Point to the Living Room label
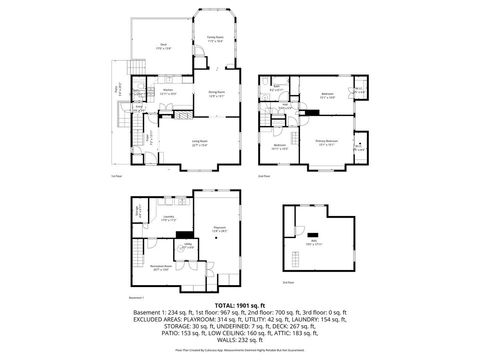tap(199, 143)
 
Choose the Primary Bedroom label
tap(327, 143)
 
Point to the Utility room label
tap(187, 246)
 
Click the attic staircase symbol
tap(292, 255)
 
